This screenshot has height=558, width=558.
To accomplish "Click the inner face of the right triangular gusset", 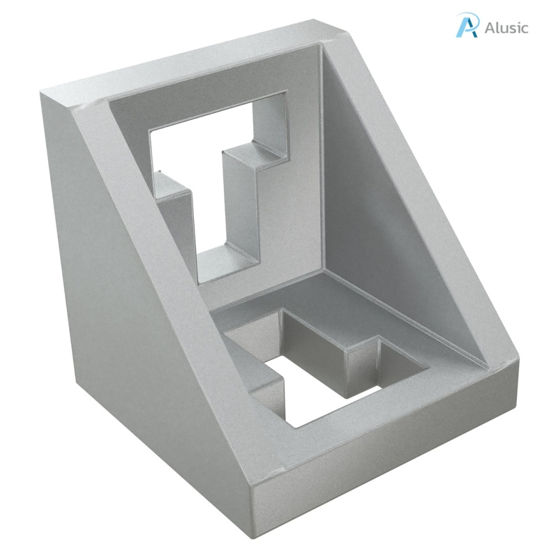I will [x=391, y=209].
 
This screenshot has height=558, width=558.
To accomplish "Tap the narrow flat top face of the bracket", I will [x=195, y=66].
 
